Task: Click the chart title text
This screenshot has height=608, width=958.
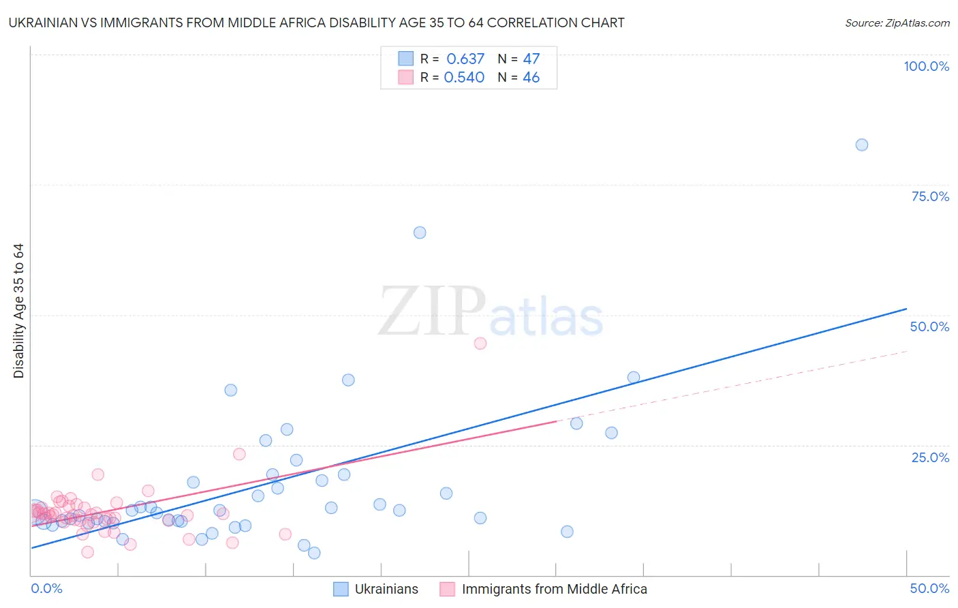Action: (x=316, y=23)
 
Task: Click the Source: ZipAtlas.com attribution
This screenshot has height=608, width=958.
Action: (x=897, y=23)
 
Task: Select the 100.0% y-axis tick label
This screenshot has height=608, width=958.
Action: (x=926, y=66)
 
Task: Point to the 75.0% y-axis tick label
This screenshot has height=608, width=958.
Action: (x=930, y=196)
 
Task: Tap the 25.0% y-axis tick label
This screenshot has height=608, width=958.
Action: (x=930, y=457)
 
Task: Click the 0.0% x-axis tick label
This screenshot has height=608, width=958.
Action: (x=46, y=588)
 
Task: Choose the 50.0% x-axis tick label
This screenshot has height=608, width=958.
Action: (x=929, y=588)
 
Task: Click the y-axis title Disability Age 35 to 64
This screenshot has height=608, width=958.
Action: (x=18, y=311)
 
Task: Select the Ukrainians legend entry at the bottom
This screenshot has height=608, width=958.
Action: (x=386, y=589)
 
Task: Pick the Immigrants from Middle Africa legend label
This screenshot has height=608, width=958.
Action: (x=554, y=589)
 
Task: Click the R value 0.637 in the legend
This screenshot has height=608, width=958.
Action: (x=465, y=59)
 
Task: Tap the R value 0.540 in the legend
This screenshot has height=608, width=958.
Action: (x=464, y=78)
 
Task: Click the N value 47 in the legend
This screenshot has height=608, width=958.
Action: (x=531, y=59)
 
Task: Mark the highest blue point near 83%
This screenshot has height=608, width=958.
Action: (x=861, y=145)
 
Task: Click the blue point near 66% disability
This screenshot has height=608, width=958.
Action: (x=420, y=232)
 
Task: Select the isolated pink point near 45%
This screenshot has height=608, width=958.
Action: (x=480, y=344)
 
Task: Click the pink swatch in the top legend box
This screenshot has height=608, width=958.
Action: (x=405, y=78)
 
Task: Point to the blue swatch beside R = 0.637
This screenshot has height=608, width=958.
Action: (x=405, y=59)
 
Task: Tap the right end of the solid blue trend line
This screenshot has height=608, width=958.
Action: (x=906, y=309)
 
